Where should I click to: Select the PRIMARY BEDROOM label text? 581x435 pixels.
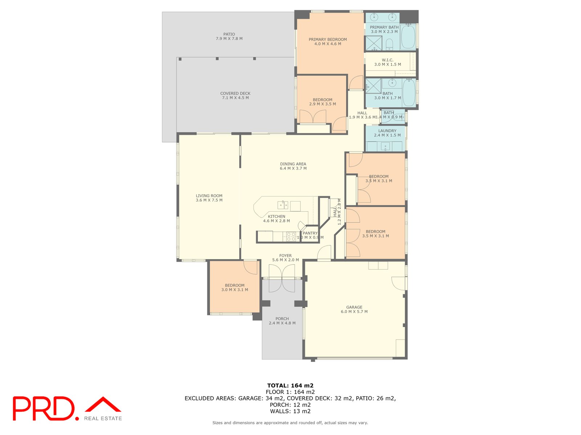(328, 40)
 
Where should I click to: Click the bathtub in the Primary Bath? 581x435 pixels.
(408, 36)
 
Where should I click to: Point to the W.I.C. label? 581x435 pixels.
(387, 60)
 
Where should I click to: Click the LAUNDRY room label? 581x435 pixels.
(387, 131)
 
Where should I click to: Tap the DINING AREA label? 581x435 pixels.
(293, 164)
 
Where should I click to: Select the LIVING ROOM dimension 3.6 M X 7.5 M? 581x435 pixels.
(209, 200)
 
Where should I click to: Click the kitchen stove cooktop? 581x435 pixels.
(291, 237)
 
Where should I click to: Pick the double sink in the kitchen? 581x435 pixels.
(283, 205)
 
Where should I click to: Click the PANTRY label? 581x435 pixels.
(310, 233)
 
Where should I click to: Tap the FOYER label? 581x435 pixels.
(285, 256)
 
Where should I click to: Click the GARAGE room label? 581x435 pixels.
(354, 307)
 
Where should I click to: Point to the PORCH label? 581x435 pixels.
(282, 319)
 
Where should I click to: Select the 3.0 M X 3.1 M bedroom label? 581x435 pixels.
(235, 290)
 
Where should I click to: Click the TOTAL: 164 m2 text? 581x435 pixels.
(290, 385)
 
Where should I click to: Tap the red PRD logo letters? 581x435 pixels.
(44, 408)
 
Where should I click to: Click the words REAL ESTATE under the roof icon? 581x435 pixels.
(103, 418)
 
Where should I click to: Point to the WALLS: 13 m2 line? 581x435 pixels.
(290, 411)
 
